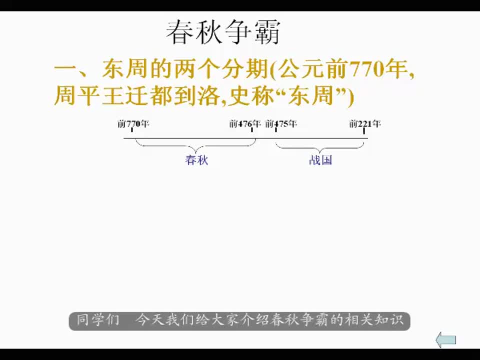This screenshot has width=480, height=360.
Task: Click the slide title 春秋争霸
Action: (223, 32)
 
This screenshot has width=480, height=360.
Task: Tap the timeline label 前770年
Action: (133, 123)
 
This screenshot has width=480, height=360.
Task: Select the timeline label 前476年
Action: (245, 123)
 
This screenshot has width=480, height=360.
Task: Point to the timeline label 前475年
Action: (281, 123)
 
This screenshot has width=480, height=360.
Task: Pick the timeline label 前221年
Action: (365, 123)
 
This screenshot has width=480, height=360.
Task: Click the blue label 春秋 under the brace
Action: (196, 160)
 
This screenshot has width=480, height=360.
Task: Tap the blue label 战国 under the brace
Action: (320, 160)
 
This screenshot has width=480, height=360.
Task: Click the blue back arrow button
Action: (445, 340)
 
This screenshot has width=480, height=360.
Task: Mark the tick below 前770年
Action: (132, 130)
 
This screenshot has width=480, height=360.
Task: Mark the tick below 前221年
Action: (364, 130)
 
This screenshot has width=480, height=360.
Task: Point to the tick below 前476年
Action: (252, 130)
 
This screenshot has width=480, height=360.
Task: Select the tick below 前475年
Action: (276, 130)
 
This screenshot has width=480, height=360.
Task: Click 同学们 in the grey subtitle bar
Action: (97, 320)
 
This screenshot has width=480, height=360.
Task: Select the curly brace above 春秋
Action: (196, 145)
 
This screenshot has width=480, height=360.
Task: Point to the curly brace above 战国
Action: (320, 147)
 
